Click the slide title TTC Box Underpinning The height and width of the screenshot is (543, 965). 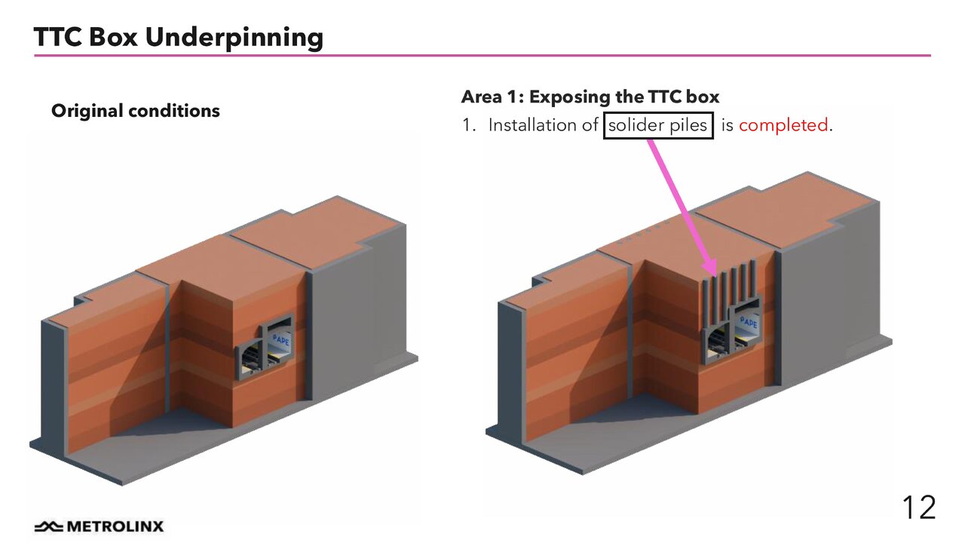pos(178,37)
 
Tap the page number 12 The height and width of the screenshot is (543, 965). pos(918,508)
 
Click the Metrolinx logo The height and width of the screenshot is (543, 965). pos(98,526)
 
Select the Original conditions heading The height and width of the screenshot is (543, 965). pos(136,111)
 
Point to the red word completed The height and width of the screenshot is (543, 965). pos(783,125)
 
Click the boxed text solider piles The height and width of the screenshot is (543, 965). pos(657,125)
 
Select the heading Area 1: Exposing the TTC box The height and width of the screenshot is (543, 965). pos(590,97)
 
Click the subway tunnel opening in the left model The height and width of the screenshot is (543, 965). pos(253,357)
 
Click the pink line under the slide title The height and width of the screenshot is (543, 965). pos(482,55)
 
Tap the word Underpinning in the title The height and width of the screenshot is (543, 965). pos(234,37)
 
